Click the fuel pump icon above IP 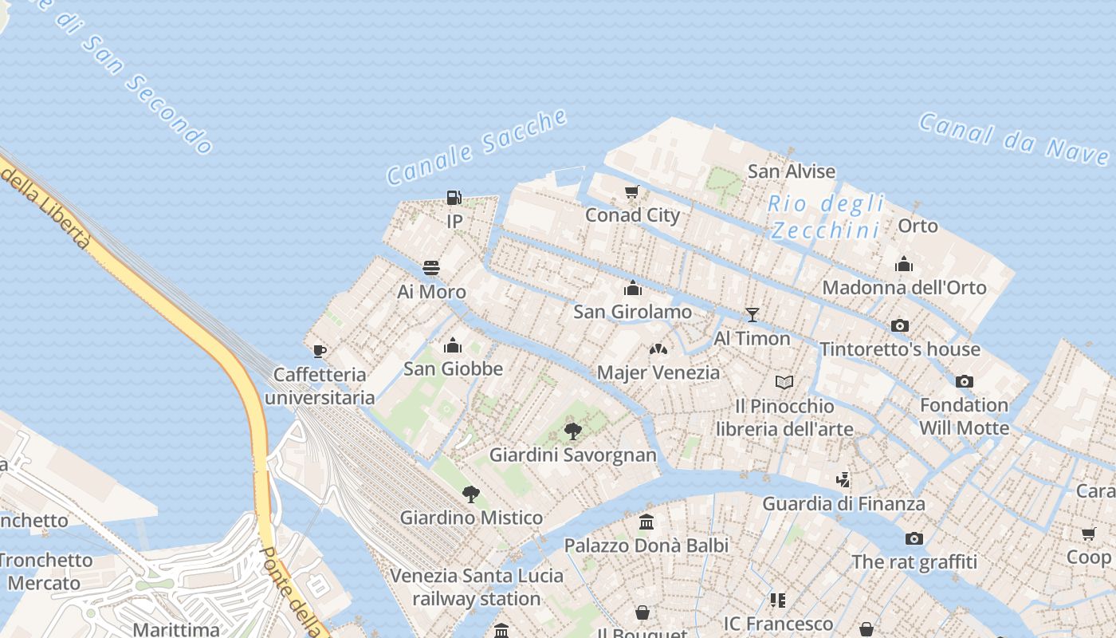454,197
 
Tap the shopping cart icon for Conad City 632,191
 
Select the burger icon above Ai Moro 431,267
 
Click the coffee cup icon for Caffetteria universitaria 320,351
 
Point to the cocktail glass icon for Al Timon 752,315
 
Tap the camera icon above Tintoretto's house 900,325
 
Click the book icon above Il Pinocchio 784,383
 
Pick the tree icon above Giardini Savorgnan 572,431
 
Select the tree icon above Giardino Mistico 471,494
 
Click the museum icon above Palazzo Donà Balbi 646,522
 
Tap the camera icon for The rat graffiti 914,538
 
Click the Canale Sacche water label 477,148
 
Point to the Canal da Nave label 1012,138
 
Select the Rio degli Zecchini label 826,217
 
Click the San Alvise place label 792,171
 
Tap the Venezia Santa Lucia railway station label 477,587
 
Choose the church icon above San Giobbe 453,345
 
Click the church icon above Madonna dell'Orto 904,264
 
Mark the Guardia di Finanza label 843,503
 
